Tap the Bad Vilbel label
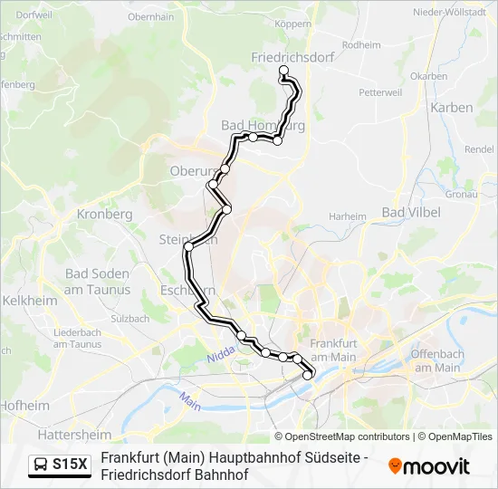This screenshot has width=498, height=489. pos(411,212)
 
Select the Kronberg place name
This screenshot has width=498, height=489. pos(105,215)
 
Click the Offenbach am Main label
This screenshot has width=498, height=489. pos(436,361)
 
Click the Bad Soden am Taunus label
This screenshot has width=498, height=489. pos(98,282)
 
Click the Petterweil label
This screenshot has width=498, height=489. pos(378,92)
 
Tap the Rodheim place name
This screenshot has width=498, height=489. pos(362,43)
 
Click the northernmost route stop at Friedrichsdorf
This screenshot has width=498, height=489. pos(283,70)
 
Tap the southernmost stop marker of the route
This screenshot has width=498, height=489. pos(308,374)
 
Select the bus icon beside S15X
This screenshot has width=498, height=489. pos(42,465)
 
